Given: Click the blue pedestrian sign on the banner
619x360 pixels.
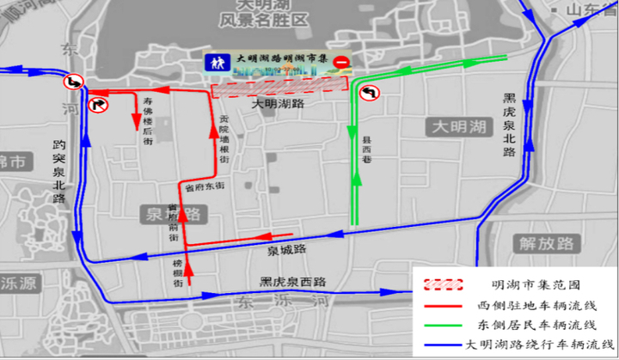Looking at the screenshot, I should (216, 63).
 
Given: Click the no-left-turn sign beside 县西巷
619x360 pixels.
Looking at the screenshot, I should (371, 93).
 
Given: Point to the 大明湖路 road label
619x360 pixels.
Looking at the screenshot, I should (277, 103).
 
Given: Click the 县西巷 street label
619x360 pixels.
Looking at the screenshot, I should (366, 143).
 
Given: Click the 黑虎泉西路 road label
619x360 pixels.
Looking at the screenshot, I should (292, 282).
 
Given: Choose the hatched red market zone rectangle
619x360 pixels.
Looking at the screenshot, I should (279, 86).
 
